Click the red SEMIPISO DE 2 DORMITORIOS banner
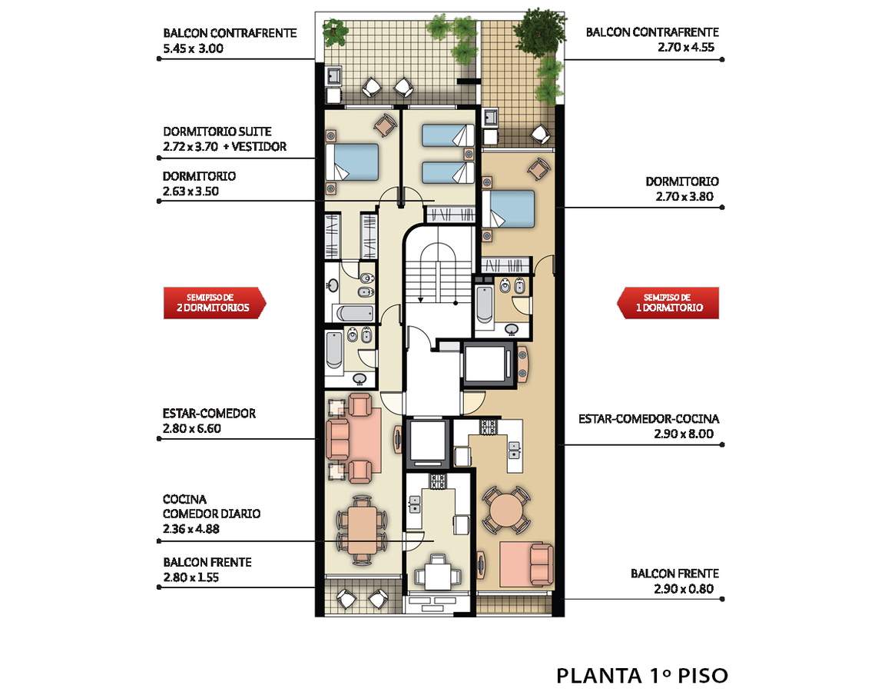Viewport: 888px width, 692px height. tap(214, 303)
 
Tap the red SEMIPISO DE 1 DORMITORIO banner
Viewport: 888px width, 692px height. tap(668, 303)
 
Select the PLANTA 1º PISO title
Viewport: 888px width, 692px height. tap(641, 676)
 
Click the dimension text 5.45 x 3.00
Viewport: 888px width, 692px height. tap(193, 48)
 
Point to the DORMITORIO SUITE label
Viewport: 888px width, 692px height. tap(217, 131)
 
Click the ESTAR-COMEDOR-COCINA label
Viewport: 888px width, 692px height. tap(648, 419)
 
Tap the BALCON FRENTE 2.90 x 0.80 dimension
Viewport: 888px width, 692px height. tap(684, 589)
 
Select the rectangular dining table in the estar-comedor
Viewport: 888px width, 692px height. tap(362, 530)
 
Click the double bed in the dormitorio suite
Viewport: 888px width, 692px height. tap(352, 162)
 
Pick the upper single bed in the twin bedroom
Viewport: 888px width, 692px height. tap(447, 136)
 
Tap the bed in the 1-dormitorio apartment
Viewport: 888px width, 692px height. tap(508, 209)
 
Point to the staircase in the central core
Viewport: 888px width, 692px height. tap(439, 272)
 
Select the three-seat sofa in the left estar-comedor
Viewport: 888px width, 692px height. tap(338, 438)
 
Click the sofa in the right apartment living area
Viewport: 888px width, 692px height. tap(542, 564)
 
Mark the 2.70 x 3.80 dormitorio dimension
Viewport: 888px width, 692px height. tap(684, 197)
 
